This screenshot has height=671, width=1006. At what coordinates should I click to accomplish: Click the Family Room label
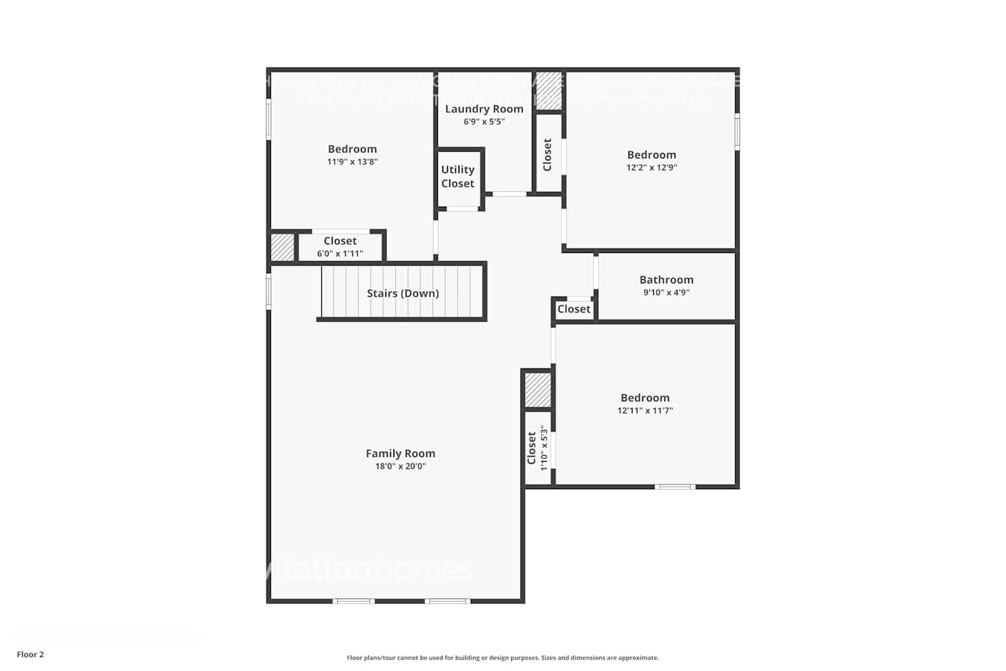tap(400, 454)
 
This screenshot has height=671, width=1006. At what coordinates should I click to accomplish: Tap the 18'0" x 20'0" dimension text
tap(400, 466)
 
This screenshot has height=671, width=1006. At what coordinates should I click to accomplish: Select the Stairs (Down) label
tap(402, 293)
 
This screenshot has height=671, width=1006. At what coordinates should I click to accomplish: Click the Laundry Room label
tap(484, 109)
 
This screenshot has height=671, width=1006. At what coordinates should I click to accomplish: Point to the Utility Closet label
tap(457, 176)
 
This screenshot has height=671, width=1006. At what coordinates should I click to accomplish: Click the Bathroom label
tap(666, 280)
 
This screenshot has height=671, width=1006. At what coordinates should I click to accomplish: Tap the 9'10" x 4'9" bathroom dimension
tap(666, 293)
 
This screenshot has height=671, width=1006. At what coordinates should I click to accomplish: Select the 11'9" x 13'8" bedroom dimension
tap(352, 162)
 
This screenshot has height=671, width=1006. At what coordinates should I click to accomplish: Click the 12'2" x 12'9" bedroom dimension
tap(651, 168)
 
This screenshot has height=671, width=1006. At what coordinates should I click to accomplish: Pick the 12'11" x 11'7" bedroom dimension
tap(645, 411)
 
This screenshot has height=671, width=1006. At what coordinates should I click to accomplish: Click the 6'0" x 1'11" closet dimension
tap(340, 254)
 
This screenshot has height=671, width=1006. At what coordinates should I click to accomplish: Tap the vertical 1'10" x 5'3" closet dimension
tap(544, 448)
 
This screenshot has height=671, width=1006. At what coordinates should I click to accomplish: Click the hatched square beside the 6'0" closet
tap(282, 247)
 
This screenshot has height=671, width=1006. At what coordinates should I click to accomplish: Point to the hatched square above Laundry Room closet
tap(549, 91)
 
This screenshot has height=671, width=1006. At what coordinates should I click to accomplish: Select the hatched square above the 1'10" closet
tap(537, 390)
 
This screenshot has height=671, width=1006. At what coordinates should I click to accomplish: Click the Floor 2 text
tap(30, 654)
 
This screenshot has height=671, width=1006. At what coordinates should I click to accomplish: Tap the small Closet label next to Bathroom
tap(574, 309)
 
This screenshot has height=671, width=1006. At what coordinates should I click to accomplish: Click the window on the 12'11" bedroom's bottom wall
tap(675, 486)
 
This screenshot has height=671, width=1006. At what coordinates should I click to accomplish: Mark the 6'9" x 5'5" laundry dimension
tap(484, 122)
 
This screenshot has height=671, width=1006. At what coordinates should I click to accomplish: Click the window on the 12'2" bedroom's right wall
tap(737, 132)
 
